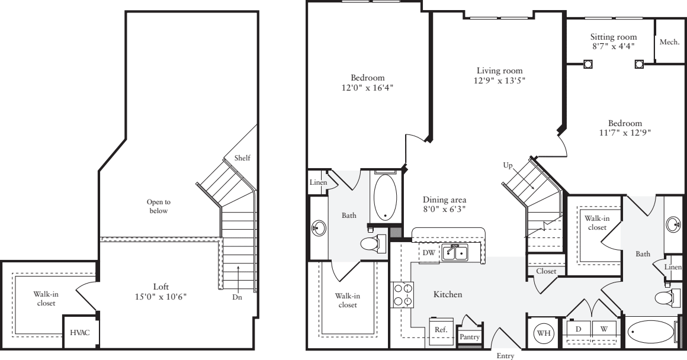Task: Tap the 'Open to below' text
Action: [x=158, y=206]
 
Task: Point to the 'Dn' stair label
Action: [x=237, y=297]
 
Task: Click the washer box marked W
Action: [x=604, y=327]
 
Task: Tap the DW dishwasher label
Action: [x=429, y=252]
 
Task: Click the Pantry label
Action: [x=469, y=336]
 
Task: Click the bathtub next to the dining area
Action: [x=386, y=197]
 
